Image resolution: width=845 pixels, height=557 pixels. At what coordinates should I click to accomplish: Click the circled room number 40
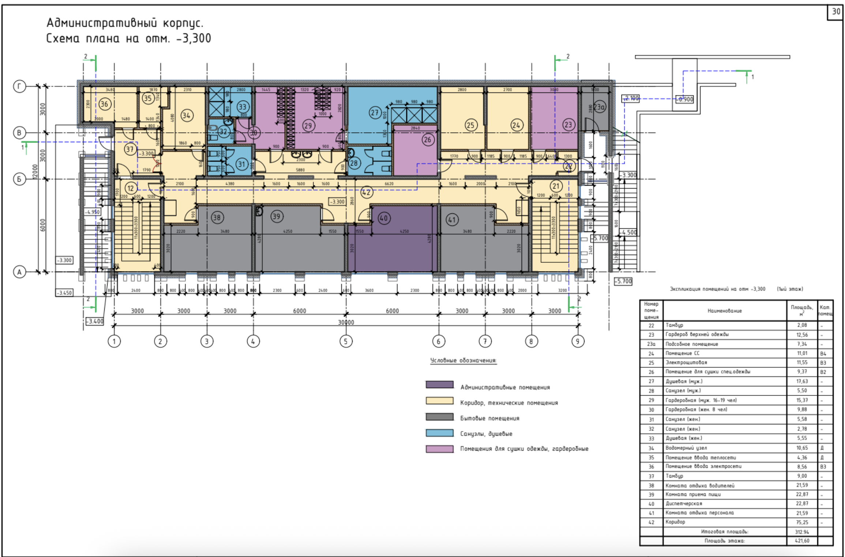tap(383, 218)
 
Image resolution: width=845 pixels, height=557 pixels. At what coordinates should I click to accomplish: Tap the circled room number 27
tap(375, 113)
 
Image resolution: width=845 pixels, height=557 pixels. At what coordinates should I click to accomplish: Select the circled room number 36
tap(104, 104)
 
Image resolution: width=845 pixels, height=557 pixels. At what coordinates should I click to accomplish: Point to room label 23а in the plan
tap(599, 107)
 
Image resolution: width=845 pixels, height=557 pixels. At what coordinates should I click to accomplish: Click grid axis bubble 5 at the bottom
tap(346, 341)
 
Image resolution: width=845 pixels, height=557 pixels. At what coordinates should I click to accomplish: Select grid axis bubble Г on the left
tap(19, 87)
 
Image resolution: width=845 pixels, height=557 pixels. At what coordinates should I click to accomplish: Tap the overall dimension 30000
tap(346, 322)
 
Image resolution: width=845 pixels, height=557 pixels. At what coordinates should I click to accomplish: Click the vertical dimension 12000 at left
tap(35, 172)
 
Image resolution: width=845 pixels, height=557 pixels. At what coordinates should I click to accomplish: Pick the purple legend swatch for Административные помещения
tap(439, 384)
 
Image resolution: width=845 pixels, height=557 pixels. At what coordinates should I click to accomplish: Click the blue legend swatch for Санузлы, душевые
tap(439, 433)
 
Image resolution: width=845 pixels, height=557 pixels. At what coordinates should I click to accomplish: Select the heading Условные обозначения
tap(463, 360)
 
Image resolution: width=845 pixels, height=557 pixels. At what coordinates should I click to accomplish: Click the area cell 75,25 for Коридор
tap(802, 522)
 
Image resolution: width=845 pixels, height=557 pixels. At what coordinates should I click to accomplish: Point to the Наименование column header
tap(724, 311)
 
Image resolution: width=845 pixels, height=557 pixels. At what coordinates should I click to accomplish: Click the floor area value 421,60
tap(802, 541)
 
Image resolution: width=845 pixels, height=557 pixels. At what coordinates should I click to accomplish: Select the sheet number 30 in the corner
tap(836, 12)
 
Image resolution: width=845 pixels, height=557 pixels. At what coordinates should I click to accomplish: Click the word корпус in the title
tap(183, 23)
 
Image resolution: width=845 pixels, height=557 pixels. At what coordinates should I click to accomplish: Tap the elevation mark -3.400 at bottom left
tap(95, 321)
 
